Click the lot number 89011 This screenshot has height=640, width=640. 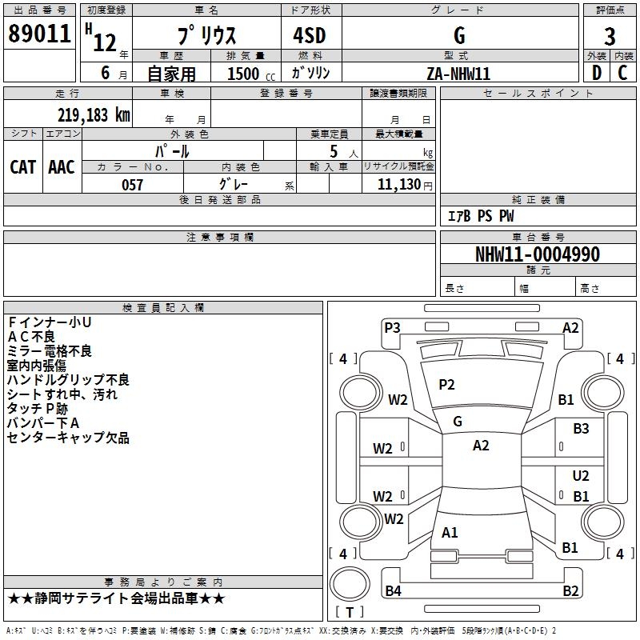click(x=39, y=34)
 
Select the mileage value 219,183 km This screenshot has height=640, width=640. click(x=94, y=115)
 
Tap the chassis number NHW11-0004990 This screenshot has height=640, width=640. click(x=538, y=254)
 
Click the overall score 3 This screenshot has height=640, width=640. click(x=610, y=37)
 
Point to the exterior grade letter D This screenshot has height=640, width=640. click(x=597, y=73)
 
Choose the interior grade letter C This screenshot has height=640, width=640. click(x=622, y=73)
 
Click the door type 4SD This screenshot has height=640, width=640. click(x=310, y=35)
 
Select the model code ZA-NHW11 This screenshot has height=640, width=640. click(x=458, y=74)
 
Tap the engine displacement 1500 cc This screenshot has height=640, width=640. click(x=251, y=74)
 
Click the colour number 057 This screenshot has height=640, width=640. click(x=132, y=185)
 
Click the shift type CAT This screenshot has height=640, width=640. click(x=23, y=167)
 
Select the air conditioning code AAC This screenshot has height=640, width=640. click(x=62, y=167)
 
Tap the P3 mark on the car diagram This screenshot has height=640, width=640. click(x=392, y=328)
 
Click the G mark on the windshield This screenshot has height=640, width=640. click(x=458, y=422)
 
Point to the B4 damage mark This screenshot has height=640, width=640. click(x=393, y=590)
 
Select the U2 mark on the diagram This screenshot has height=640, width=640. click(x=581, y=476)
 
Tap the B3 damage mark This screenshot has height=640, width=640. click(x=581, y=429)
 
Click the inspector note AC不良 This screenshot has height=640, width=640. click(x=31, y=337)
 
